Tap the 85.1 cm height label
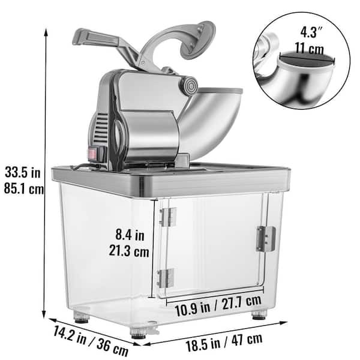[23, 190]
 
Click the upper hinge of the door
[167, 217]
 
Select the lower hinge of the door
[166, 278]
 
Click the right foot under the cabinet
[259, 314]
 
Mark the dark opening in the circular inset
[307, 59]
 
